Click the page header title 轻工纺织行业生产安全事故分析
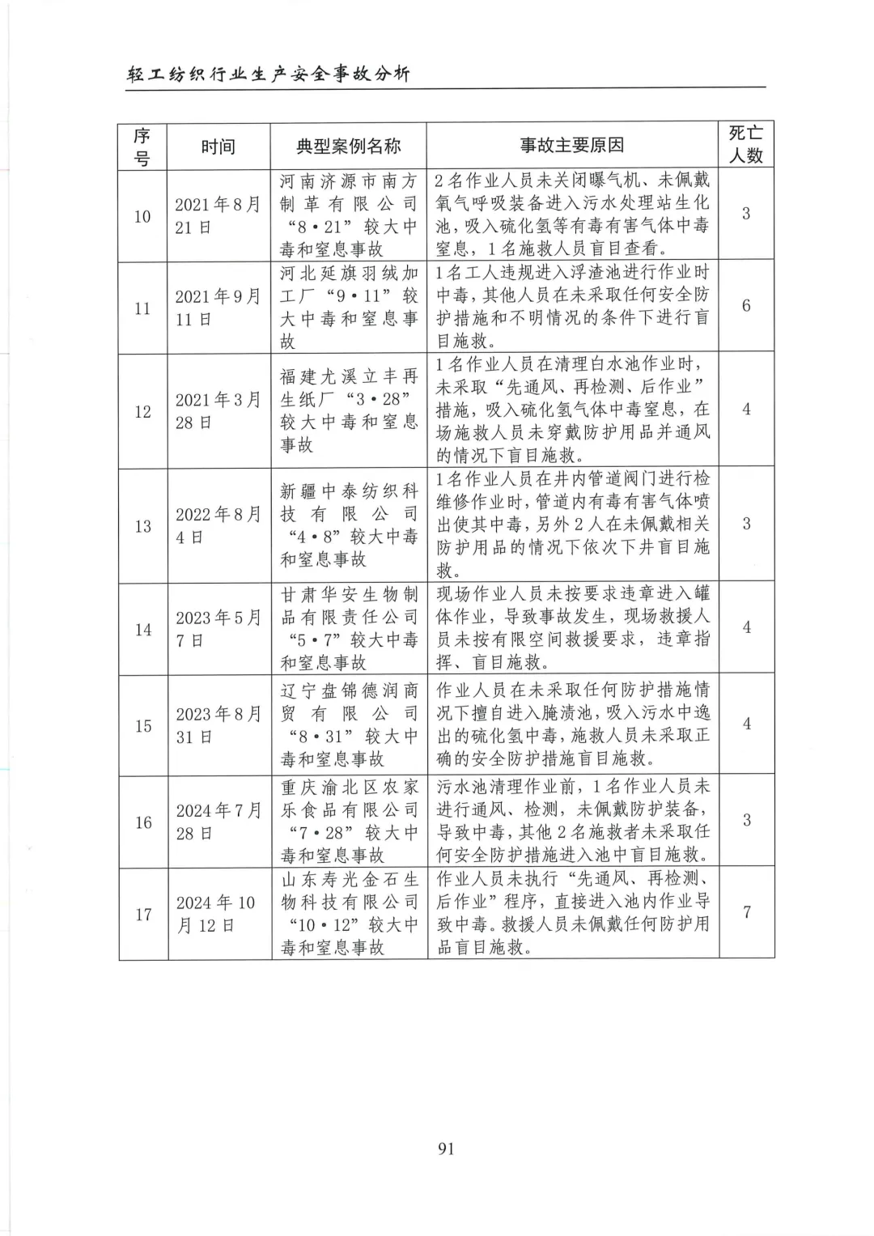(269, 74)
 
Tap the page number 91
(446, 1149)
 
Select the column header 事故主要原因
(571, 146)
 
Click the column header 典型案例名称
(348, 147)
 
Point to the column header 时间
(218, 147)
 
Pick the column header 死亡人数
(745, 144)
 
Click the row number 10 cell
(142, 216)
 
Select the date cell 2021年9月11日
(218, 308)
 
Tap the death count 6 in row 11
(746, 306)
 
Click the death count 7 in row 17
(746, 912)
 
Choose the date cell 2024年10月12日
(218, 914)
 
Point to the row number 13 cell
(143, 526)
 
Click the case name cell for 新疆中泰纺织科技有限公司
(349, 525)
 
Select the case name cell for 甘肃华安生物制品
(349, 629)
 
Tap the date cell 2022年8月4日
(218, 526)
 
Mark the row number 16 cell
(143, 822)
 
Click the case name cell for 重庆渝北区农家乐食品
(349, 822)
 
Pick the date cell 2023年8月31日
(218, 725)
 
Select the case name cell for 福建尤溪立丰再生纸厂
(349, 410)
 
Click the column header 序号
(142, 147)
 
